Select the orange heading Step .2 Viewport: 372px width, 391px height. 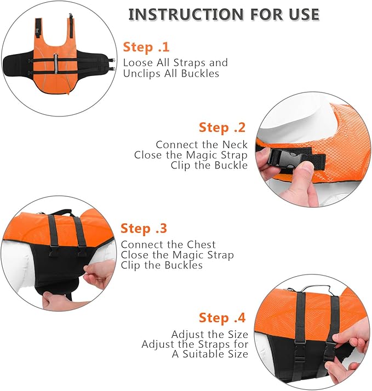(222, 128)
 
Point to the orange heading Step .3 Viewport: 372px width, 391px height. (144, 229)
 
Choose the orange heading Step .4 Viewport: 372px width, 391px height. (222, 318)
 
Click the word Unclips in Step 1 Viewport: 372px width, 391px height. (143, 73)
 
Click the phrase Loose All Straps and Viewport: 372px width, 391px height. (175, 63)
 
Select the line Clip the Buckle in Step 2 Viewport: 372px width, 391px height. (209, 165)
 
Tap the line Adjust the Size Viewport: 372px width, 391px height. (209, 334)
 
